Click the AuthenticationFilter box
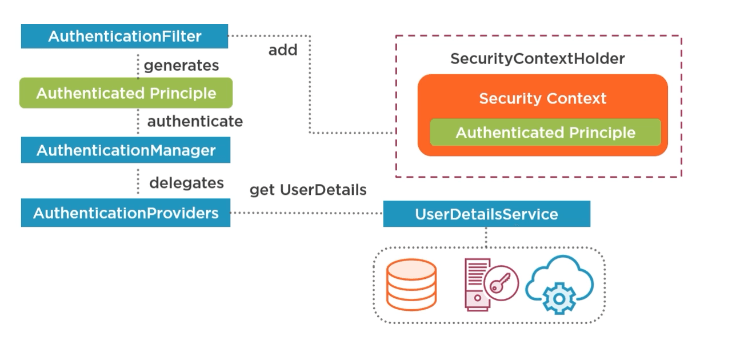(x=125, y=37)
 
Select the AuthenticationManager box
(x=126, y=150)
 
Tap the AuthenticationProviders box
(x=126, y=213)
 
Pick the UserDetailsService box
(x=486, y=214)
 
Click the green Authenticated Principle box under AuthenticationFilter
(x=126, y=93)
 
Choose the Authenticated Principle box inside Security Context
(x=545, y=133)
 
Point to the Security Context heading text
(x=542, y=98)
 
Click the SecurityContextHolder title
(x=537, y=59)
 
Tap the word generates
(x=181, y=66)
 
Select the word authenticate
(x=195, y=121)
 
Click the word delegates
(x=186, y=183)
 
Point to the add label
(x=283, y=50)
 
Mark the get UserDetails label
(x=308, y=190)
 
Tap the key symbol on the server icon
(x=501, y=282)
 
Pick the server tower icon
(x=475, y=285)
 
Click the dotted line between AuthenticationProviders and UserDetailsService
(x=306, y=213)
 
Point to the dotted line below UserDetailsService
(x=486, y=237)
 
